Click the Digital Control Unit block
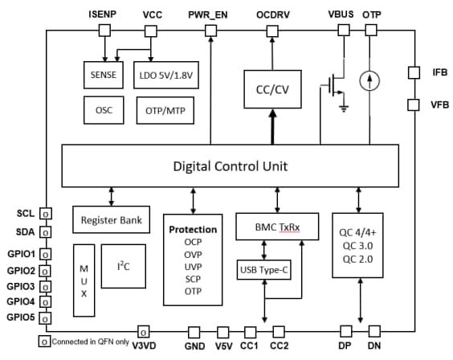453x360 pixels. [x=231, y=167]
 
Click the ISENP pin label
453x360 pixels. [x=103, y=14]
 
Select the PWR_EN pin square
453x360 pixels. [x=210, y=30]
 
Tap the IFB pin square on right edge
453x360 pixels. [x=414, y=72]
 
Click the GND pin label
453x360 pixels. [x=194, y=346]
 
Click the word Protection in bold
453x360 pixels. [x=193, y=229]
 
